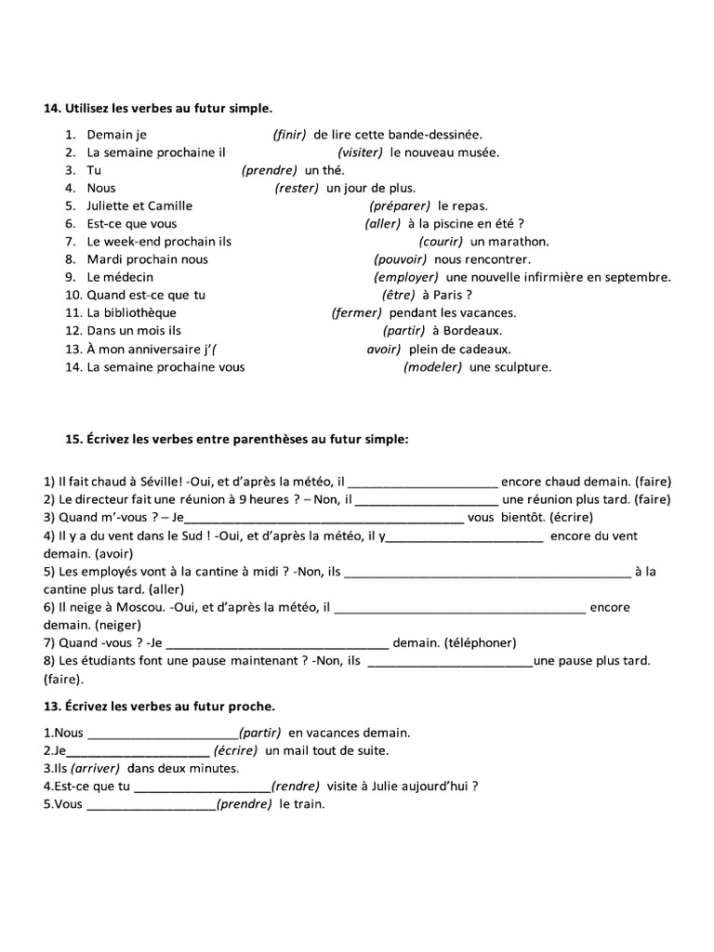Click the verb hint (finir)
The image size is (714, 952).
click(x=289, y=135)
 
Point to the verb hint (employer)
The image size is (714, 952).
click(x=406, y=277)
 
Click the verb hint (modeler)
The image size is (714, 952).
click(x=432, y=367)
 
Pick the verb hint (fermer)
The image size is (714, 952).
click(x=357, y=313)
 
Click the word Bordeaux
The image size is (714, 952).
click(x=471, y=331)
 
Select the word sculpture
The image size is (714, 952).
click(x=522, y=367)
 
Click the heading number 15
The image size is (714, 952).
click(x=52, y=439)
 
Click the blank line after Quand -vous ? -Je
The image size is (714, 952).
click(x=277, y=643)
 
